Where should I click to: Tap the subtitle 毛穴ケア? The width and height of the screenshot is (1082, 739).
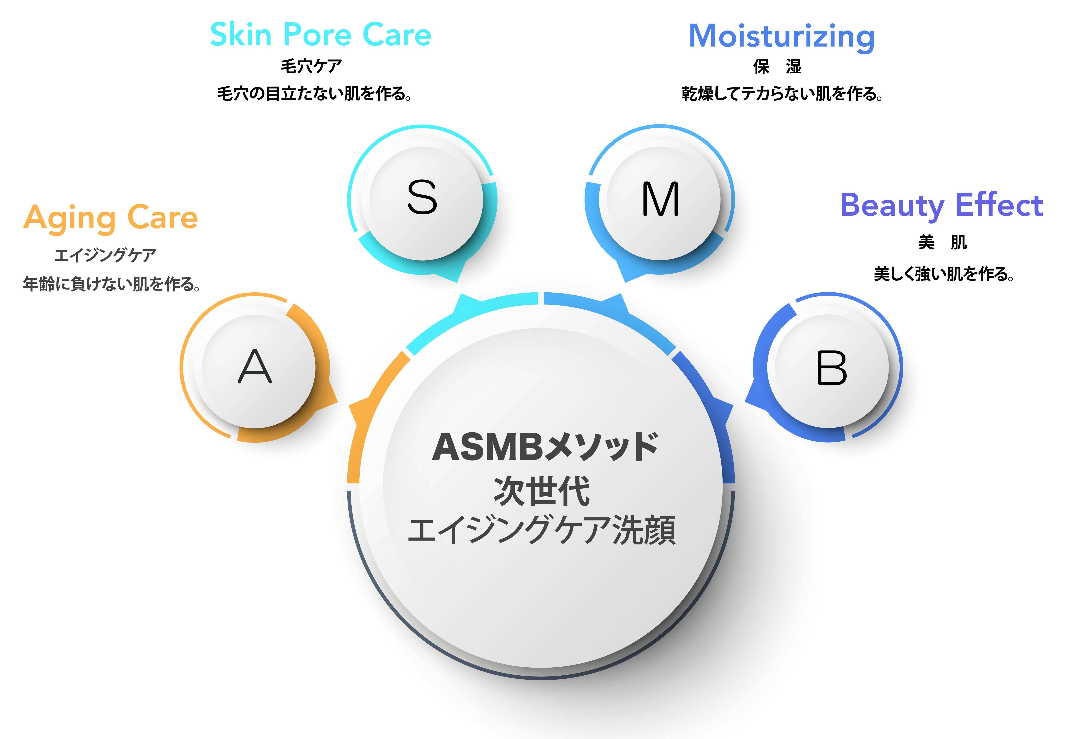311,66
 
